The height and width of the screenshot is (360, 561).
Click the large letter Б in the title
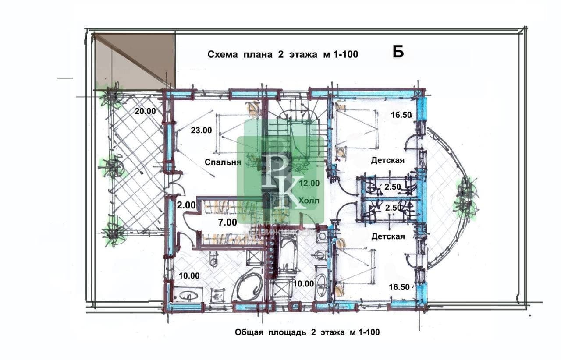[398, 53]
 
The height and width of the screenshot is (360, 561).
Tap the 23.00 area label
[201, 131]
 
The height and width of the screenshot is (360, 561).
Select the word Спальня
[223, 162]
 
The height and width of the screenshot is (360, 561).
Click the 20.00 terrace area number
[145, 111]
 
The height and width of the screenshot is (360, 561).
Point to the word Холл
[309, 201]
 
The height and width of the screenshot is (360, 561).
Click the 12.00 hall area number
[309, 184]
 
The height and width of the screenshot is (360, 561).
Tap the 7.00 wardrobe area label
[227, 222]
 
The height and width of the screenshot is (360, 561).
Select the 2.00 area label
[186, 205]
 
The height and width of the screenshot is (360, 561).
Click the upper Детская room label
[388, 160]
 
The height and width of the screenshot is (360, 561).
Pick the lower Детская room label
[388, 236]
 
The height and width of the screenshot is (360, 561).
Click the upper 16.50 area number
[401, 115]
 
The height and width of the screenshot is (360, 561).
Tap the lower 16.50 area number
[399, 287]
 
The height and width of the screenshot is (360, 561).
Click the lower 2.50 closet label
[393, 208]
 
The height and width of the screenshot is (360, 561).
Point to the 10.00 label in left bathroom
[189, 276]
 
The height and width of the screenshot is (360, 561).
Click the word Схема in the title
[223, 54]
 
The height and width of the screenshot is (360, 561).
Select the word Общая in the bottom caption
[249, 332]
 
